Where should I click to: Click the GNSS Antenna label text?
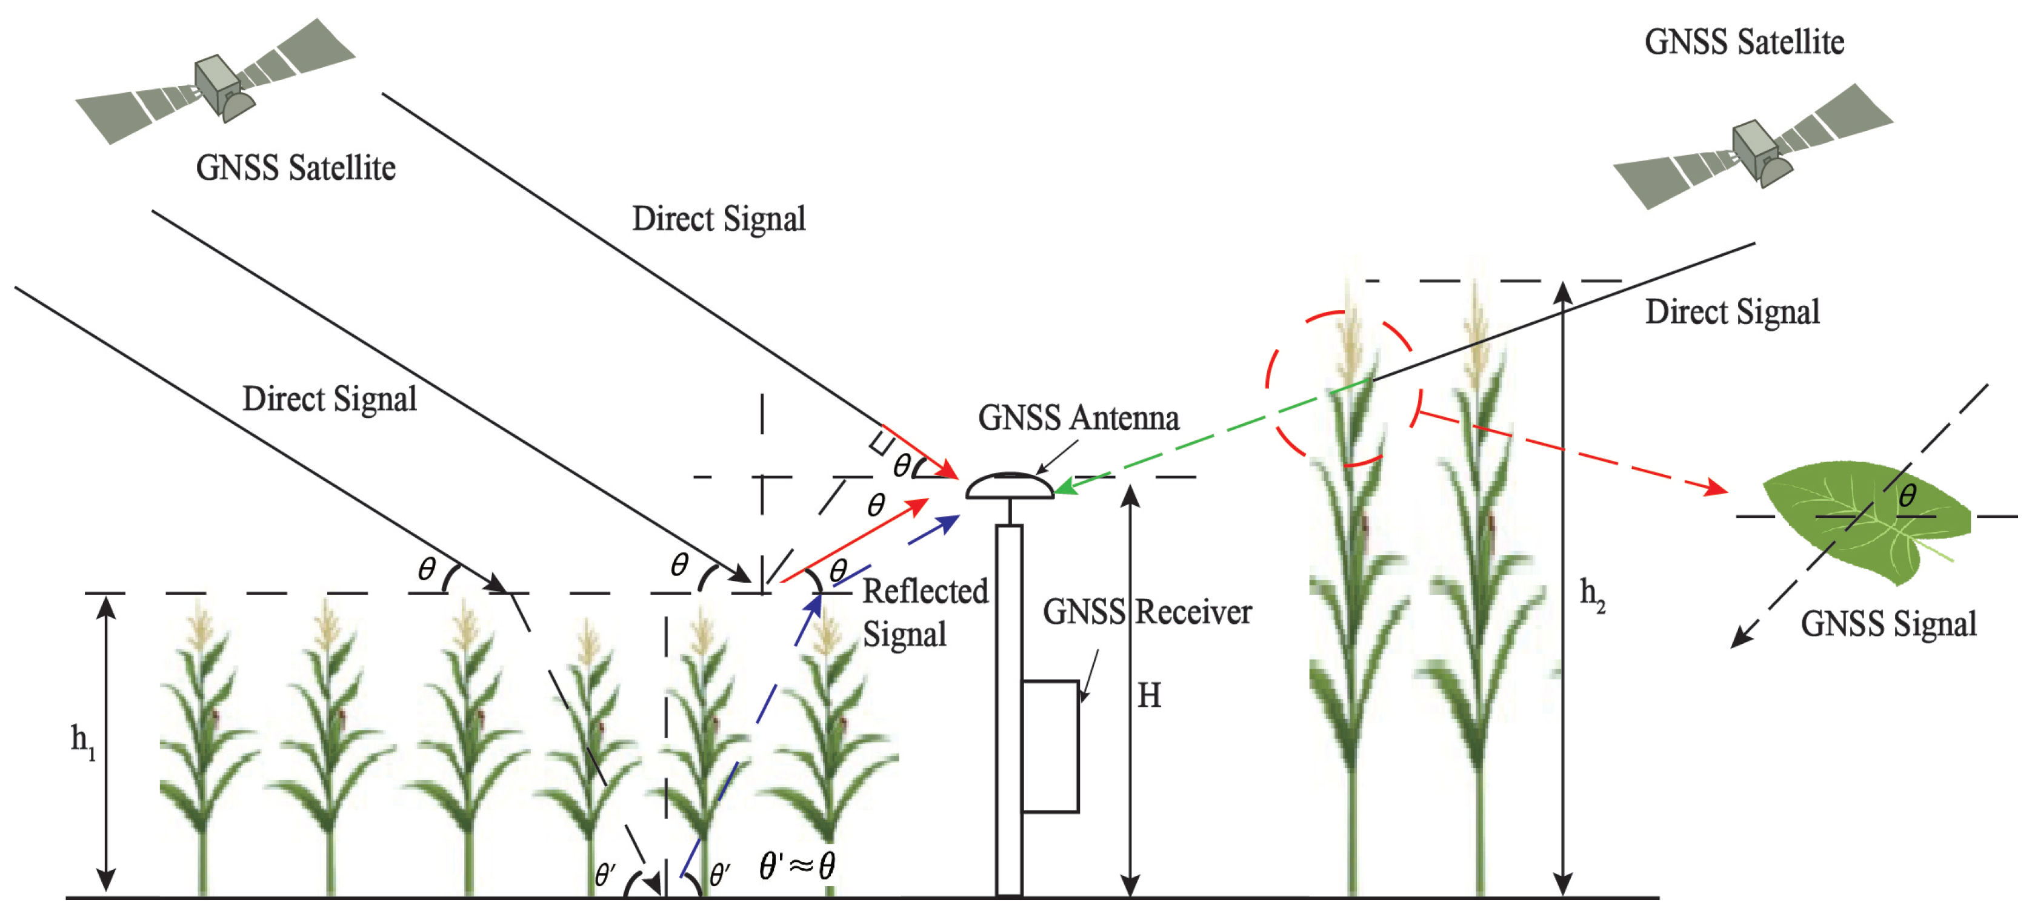(1078, 418)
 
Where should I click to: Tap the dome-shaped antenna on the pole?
(1009, 486)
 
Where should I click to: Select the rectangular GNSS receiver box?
(1050, 745)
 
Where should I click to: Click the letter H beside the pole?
(1148, 695)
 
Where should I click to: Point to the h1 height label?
(82, 741)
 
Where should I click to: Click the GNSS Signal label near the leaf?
(1888, 624)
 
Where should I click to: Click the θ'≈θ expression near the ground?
(797, 866)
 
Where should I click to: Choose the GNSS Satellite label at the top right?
(1744, 42)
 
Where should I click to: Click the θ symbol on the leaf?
(1907, 496)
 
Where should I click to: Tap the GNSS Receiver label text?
(1146, 612)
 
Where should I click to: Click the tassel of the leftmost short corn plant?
(199, 623)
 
